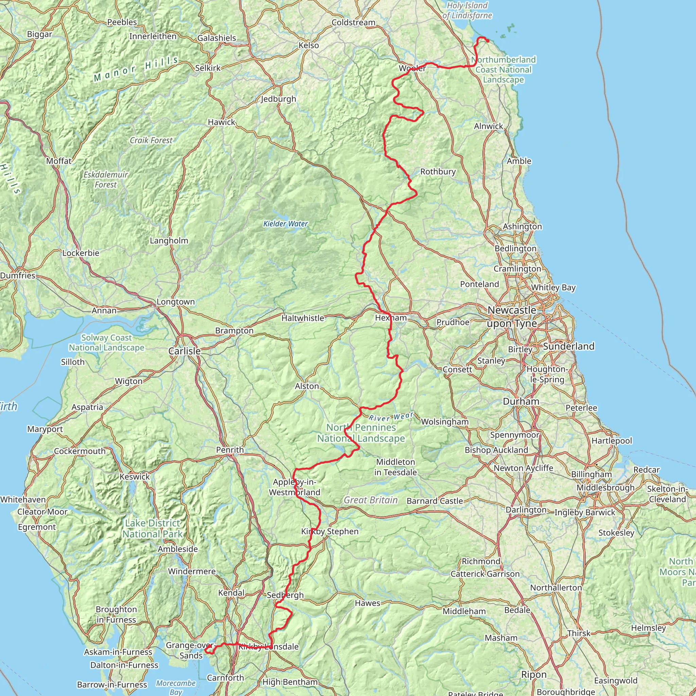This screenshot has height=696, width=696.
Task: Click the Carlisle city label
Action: pyautogui.click(x=185, y=351)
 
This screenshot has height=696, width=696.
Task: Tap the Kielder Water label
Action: pyautogui.click(x=285, y=224)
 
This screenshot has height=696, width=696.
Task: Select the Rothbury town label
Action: pyautogui.click(x=438, y=172)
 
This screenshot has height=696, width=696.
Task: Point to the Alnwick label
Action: pyautogui.click(x=488, y=126)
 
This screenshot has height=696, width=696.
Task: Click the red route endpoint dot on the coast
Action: pyautogui.click(x=487, y=41)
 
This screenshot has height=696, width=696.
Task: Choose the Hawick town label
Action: pyautogui.click(x=221, y=122)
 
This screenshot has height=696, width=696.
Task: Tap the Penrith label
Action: pyautogui.click(x=230, y=450)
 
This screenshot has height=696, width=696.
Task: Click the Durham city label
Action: pyautogui.click(x=521, y=401)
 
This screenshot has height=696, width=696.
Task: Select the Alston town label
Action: pyautogui.click(x=307, y=386)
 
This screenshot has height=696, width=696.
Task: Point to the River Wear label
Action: pyautogui.click(x=391, y=417)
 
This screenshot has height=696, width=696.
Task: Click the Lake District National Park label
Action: pyautogui.click(x=152, y=528)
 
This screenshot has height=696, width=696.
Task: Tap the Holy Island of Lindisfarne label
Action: pyautogui.click(x=467, y=11)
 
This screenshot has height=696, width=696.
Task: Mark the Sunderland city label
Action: pyautogui.click(x=569, y=346)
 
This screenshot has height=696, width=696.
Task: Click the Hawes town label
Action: pyautogui.click(x=367, y=603)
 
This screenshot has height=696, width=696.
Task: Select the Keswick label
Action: pyautogui.click(x=134, y=476)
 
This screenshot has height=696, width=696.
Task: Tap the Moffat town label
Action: pyautogui.click(x=59, y=161)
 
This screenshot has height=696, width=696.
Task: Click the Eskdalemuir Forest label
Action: pyautogui.click(x=106, y=179)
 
